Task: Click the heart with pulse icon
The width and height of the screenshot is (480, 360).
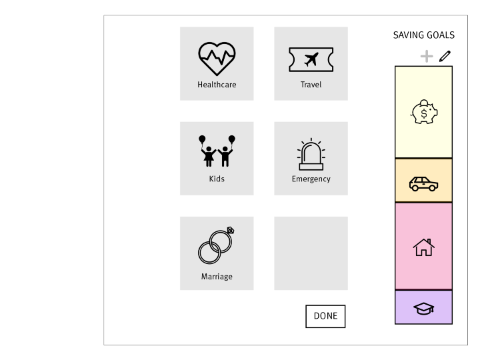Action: (217, 59)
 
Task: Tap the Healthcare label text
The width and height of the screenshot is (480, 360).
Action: (217, 85)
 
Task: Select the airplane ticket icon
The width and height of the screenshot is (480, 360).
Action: (311, 59)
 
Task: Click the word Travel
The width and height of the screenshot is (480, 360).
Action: (311, 85)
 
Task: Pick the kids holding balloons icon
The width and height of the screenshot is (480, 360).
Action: (217, 151)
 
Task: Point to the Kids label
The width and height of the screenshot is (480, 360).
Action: (217, 179)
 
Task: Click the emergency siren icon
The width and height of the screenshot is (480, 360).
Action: (311, 155)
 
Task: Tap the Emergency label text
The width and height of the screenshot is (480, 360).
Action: (311, 179)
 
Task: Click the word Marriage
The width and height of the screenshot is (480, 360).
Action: (217, 277)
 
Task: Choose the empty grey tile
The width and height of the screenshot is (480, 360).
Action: (311, 253)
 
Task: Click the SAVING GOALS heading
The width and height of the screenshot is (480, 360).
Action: (423, 35)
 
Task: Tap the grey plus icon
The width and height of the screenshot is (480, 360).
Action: (426, 57)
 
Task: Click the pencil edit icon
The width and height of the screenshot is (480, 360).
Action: (445, 57)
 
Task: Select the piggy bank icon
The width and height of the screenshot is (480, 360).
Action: (423, 112)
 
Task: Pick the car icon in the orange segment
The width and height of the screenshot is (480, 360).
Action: (423, 183)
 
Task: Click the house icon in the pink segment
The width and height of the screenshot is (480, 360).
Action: (423, 247)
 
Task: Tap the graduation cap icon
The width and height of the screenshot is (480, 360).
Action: (423, 308)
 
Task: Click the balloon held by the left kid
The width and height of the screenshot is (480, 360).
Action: (202, 139)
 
